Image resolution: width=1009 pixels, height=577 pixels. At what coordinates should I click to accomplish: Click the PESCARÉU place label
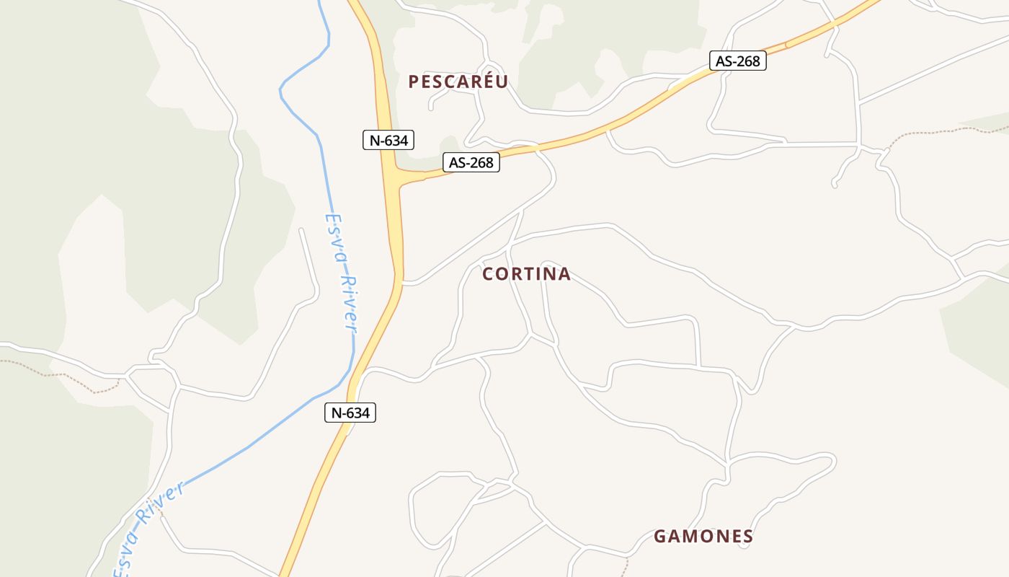click(x=458, y=82)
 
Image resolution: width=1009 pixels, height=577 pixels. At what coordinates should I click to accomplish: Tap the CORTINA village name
click(x=526, y=274)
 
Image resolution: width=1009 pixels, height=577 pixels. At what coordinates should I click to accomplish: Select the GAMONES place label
click(x=703, y=537)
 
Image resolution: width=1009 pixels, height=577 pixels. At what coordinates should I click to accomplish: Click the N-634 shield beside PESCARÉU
click(x=389, y=140)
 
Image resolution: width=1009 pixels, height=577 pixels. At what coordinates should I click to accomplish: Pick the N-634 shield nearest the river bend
click(x=350, y=413)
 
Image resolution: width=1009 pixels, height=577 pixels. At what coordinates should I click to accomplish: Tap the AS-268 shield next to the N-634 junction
click(x=471, y=162)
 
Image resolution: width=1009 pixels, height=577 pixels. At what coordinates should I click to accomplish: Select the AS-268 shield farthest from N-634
click(x=737, y=61)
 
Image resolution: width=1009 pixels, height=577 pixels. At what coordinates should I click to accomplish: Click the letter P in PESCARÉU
click(x=414, y=82)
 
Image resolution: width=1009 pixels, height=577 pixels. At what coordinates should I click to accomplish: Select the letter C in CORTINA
click(x=488, y=274)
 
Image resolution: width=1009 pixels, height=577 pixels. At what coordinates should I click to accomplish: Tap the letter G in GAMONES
click(x=659, y=537)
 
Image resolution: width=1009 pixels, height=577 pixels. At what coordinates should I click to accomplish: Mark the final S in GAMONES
click(x=748, y=537)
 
